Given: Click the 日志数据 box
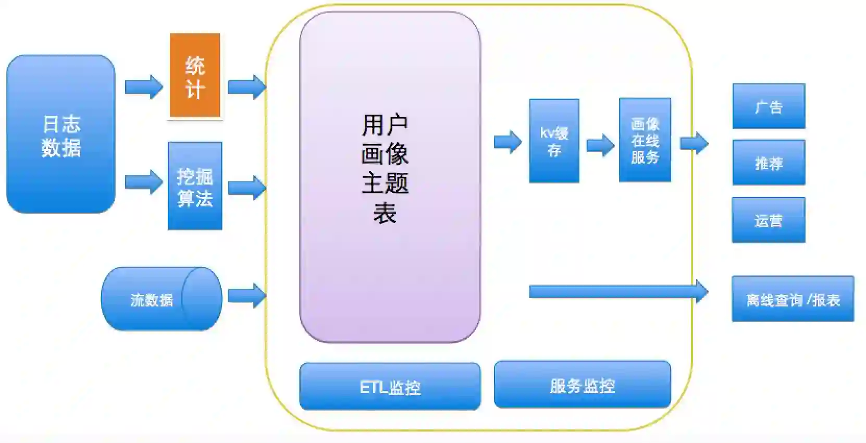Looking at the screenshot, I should click(60, 134).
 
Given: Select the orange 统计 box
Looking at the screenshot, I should click(195, 76).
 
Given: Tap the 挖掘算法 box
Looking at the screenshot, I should click(195, 186).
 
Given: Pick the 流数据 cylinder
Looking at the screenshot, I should click(162, 299).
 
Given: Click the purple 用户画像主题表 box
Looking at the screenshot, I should click(390, 177).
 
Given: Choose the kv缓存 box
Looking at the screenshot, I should click(554, 141).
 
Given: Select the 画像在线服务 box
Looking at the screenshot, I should click(645, 140).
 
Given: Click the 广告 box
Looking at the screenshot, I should click(769, 106).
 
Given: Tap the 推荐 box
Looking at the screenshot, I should click(769, 163).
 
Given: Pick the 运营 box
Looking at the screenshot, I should click(768, 220).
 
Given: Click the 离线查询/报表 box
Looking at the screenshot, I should click(793, 299).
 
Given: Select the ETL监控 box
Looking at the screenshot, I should click(390, 386).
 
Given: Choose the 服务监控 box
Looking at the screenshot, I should click(582, 385).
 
